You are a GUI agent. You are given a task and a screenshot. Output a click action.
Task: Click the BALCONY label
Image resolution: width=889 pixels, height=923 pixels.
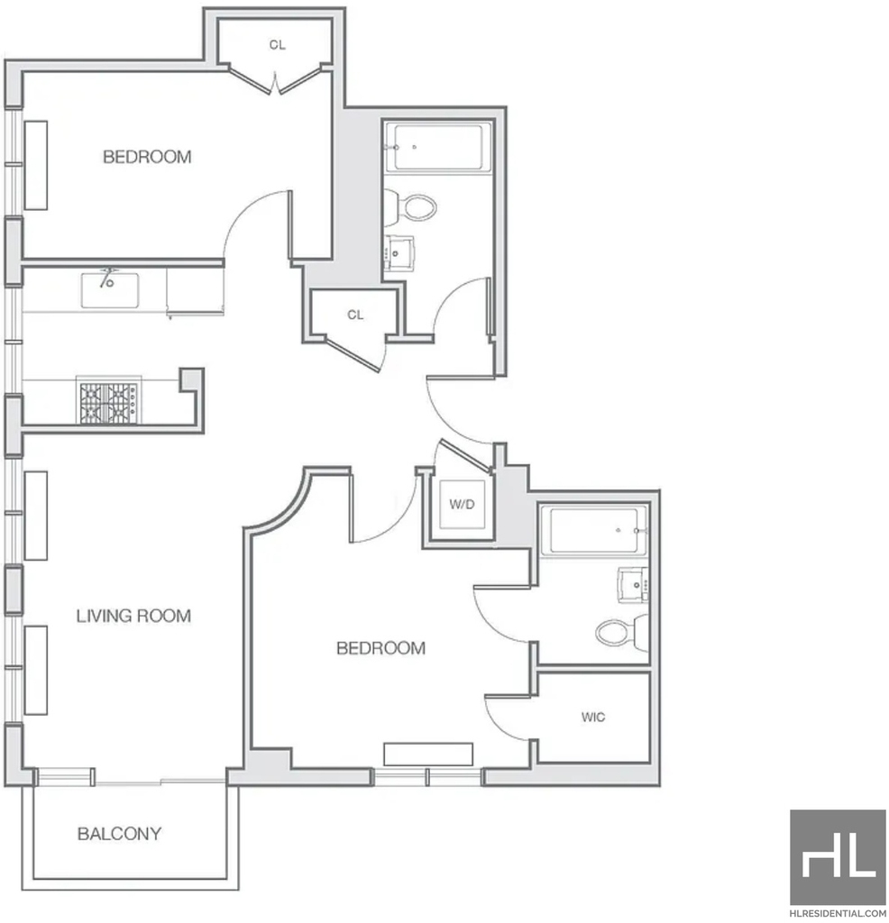120,834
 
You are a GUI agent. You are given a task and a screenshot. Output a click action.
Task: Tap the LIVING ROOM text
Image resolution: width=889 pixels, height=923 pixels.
133,616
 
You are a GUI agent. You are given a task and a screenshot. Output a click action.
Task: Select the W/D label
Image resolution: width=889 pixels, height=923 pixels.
462,504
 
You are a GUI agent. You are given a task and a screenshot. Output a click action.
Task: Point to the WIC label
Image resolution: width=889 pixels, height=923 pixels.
593,717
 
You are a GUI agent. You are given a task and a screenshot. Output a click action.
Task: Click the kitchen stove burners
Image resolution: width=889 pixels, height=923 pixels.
109,403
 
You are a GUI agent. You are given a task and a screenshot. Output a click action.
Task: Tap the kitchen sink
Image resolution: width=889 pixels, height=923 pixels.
110,289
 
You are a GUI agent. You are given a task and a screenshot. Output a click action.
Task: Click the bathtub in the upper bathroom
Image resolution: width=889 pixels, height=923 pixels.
437,147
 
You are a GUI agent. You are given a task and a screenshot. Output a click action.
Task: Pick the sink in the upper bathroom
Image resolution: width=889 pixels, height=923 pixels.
399,253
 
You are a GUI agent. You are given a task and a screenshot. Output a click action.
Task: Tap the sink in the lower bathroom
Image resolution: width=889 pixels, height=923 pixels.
633,585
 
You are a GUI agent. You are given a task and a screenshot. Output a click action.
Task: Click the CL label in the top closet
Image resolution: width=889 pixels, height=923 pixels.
278,45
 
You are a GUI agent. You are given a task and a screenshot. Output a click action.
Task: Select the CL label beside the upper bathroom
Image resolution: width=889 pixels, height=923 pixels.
355,315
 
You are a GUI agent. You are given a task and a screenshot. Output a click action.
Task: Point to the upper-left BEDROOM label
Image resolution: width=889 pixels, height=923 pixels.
147,157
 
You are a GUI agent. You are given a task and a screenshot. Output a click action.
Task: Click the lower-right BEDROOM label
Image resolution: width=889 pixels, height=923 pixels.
380,648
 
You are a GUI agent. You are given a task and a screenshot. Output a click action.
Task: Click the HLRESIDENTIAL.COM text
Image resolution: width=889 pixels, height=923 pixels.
838,914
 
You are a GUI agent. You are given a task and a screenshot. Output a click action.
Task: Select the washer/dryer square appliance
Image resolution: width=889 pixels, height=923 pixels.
462,505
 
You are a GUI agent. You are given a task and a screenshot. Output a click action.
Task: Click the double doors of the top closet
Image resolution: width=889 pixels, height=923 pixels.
276,80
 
